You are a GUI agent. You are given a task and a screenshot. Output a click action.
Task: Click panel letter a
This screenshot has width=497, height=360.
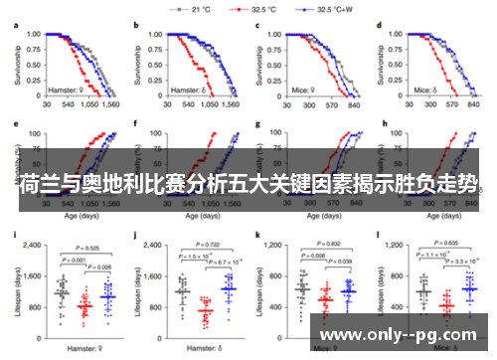click(15, 22)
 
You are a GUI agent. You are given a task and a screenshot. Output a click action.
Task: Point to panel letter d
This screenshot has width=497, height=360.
click(381, 22)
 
